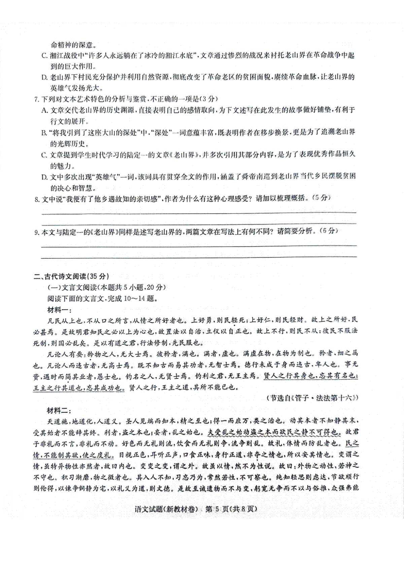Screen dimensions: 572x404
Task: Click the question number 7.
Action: [37, 99]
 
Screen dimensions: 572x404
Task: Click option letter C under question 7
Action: [44, 155]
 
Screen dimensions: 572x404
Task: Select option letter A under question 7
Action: [44, 110]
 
